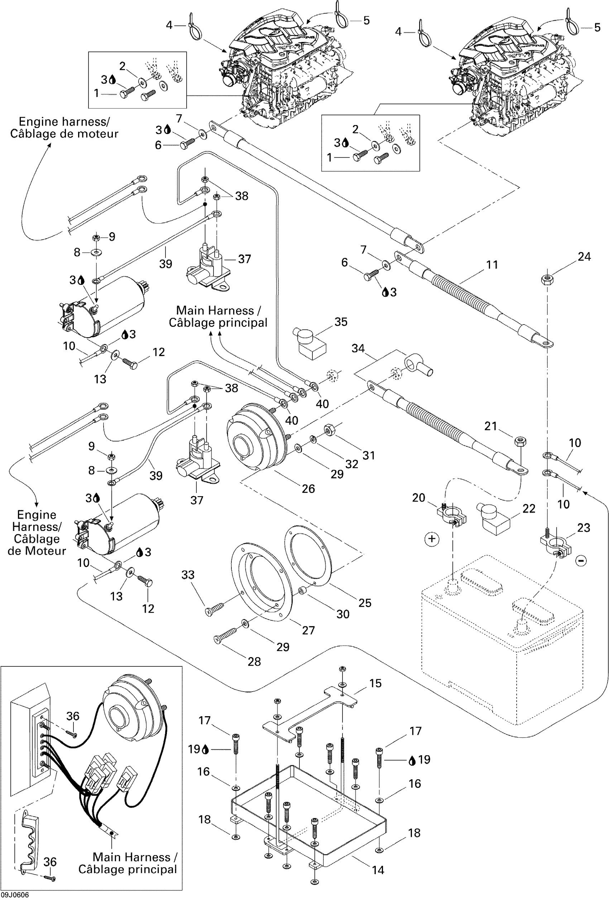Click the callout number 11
[x=492, y=265]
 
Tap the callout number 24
[x=584, y=257]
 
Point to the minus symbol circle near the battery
[x=581, y=561]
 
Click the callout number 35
[x=341, y=322]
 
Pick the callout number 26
[x=308, y=489]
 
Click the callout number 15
[x=375, y=683]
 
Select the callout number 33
[x=188, y=575]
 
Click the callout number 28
[x=254, y=662]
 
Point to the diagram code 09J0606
[x=14, y=895]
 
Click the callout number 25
[x=365, y=603]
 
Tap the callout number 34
[x=358, y=348]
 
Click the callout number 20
[x=418, y=498]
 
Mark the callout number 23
[x=584, y=527]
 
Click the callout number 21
[x=490, y=426]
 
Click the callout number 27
[x=308, y=631]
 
